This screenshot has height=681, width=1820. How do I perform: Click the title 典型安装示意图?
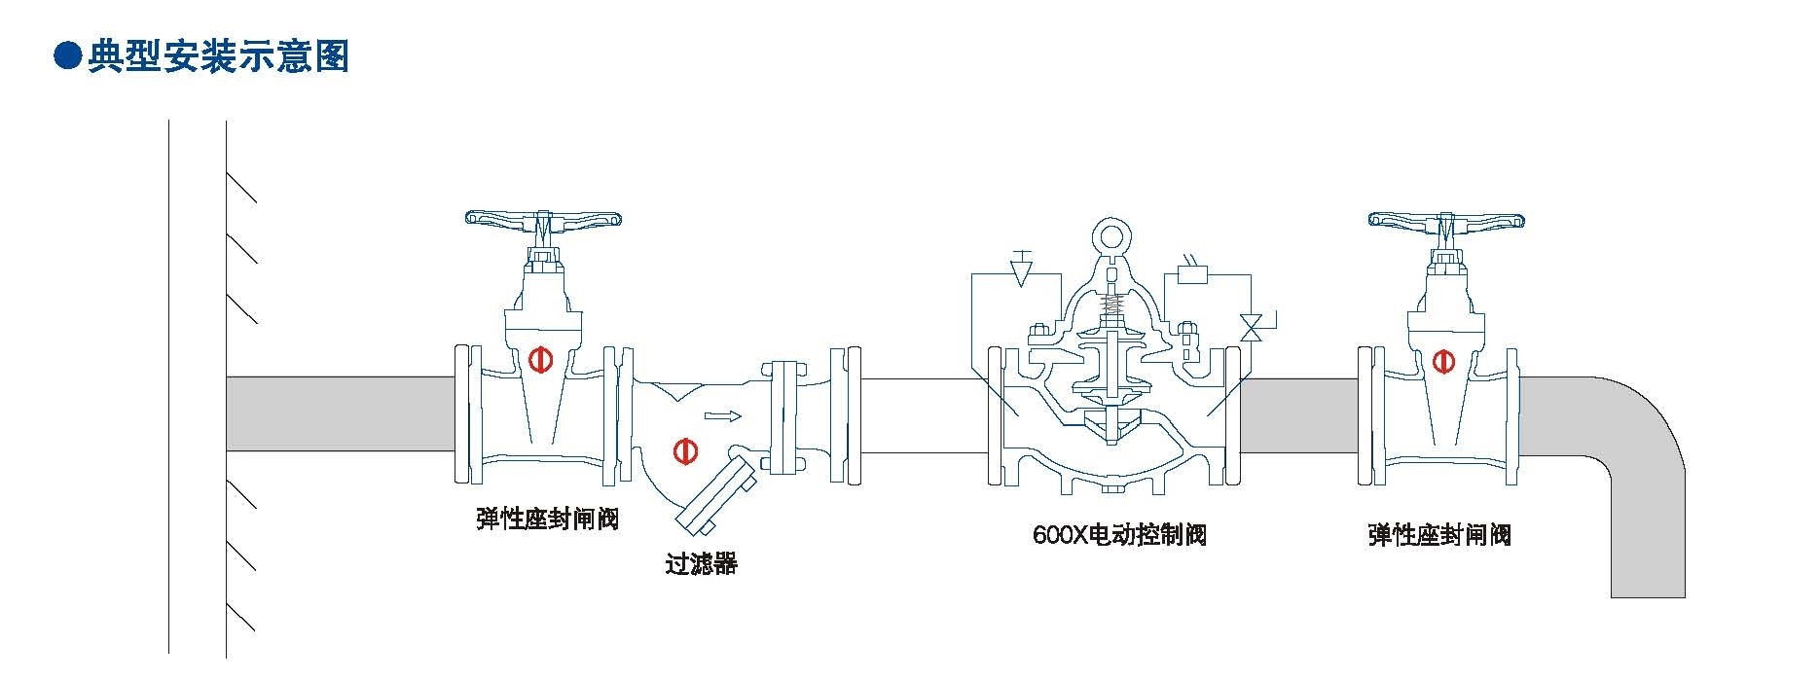(218, 56)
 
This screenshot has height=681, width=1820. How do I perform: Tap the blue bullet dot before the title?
(66, 56)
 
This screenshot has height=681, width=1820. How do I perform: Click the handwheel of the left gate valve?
(543, 219)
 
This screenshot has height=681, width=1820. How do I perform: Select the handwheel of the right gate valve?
(1446, 220)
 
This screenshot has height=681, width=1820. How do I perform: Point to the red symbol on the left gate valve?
(540, 360)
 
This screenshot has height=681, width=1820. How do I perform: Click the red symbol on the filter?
(685, 450)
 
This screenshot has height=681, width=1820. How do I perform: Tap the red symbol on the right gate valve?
(1442, 361)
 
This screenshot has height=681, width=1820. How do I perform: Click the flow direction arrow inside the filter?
(722, 417)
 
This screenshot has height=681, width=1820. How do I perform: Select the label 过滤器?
(701, 563)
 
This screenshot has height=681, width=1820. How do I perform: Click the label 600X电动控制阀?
(1119, 534)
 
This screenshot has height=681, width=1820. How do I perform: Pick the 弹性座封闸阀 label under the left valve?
(547, 519)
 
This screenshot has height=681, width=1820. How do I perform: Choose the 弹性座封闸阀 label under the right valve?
(1438, 534)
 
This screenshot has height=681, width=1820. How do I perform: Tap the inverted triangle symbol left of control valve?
(1020, 272)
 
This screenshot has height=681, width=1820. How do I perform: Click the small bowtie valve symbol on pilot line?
(1253, 327)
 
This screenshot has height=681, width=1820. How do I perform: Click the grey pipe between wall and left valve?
(341, 413)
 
